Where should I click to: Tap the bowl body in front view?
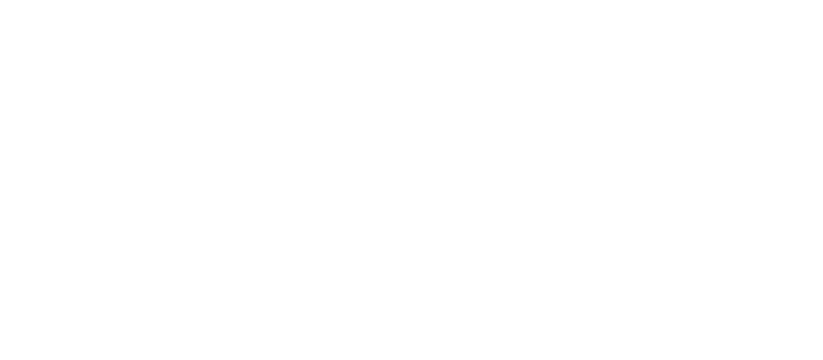[x=468, y=237]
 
